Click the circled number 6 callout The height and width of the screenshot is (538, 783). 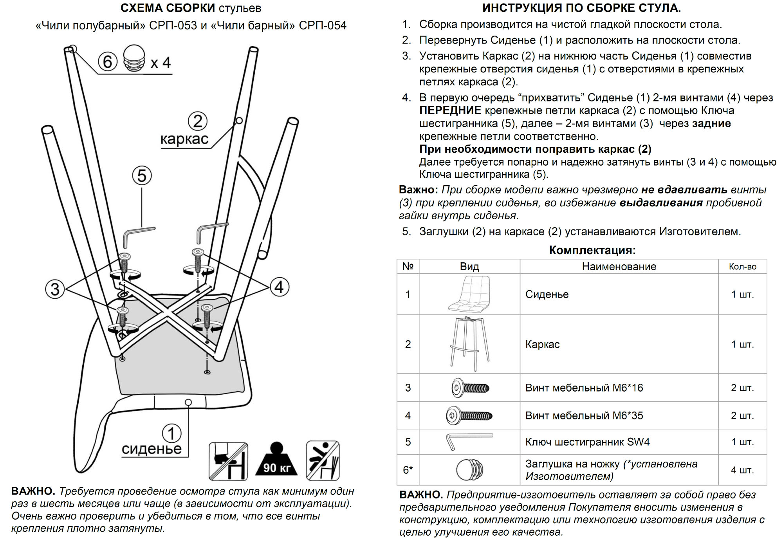(x=107, y=61)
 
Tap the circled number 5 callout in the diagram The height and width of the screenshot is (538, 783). (x=142, y=175)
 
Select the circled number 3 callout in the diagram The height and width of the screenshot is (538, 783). (x=55, y=289)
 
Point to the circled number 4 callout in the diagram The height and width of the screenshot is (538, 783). (x=279, y=287)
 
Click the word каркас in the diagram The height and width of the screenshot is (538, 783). (x=184, y=139)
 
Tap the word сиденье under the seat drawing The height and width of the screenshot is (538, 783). (x=152, y=449)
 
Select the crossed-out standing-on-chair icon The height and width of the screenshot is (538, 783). (x=228, y=461)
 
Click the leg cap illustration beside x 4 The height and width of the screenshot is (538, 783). (x=134, y=58)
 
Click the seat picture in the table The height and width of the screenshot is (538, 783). (x=469, y=294)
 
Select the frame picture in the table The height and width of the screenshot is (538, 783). (x=469, y=344)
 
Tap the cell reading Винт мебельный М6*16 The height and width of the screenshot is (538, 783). (x=584, y=388)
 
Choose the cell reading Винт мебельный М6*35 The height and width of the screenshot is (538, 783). (x=584, y=415)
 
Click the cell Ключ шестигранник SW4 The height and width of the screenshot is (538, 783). (x=587, y=442)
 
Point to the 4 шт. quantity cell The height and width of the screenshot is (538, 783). (x=742, y=470)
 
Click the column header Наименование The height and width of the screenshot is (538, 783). (x=619, y=267)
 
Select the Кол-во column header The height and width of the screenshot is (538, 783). (x=742, y=267)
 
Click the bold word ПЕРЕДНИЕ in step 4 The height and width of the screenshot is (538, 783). (x=450, y=110)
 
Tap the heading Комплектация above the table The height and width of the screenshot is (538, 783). (x=592, y=250)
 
